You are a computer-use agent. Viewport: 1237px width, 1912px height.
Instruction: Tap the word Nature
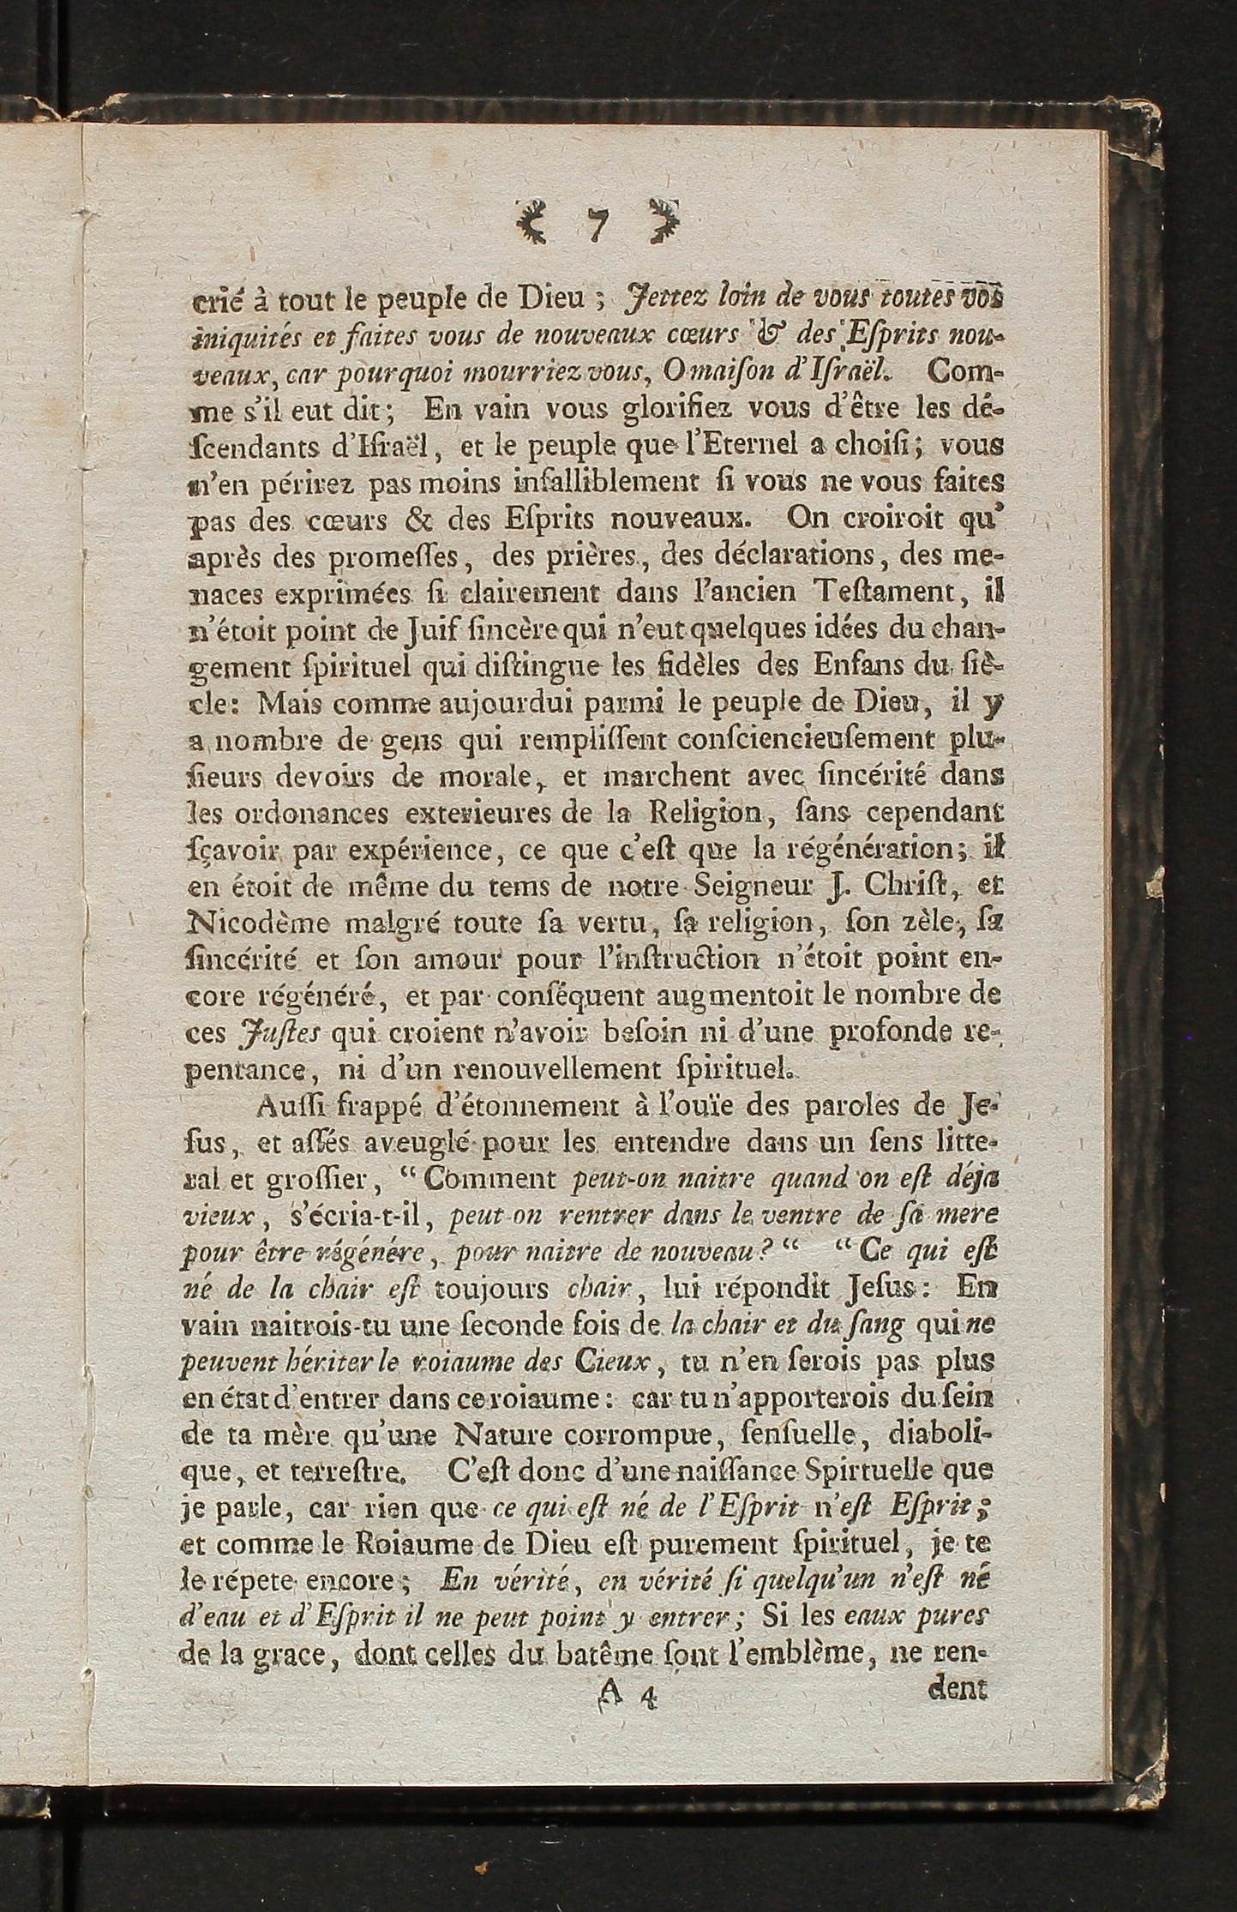tap(505, 1434)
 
